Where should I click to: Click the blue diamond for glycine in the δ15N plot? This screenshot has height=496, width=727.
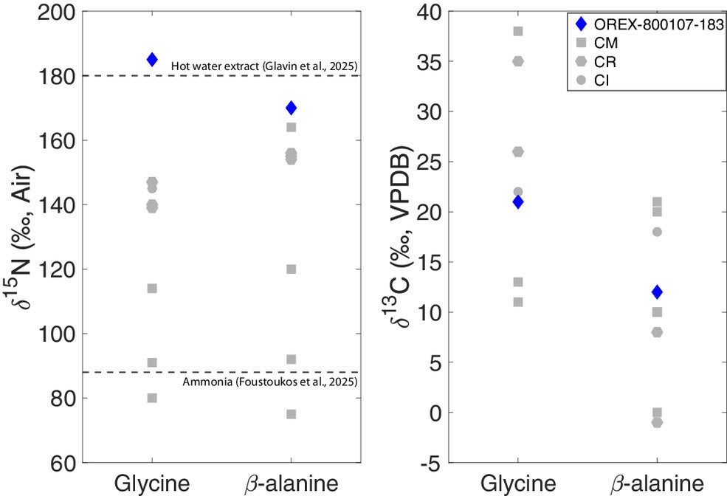click(152, 60)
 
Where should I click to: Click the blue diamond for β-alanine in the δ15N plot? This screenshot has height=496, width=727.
click(291, 108)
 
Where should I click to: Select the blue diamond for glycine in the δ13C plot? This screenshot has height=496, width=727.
click(518, 202)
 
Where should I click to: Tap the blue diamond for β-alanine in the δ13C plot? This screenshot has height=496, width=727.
click(657, 292)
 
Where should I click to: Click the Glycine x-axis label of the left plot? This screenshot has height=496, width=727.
click(152, 483)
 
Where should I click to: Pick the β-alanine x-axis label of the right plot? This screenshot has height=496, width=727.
click(657, 483)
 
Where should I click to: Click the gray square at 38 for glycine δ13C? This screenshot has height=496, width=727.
click(518, 31)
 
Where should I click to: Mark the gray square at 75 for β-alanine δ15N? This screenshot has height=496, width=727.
click(291, 414)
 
